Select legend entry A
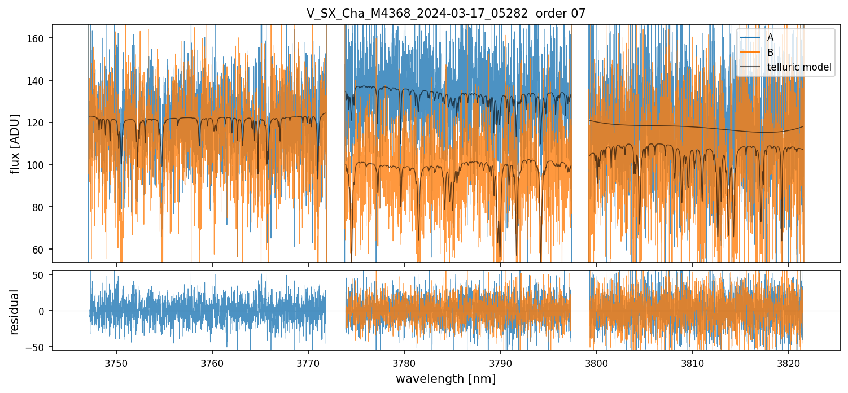pyautogui.click(x=770, y=37)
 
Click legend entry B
pyautogui.click(x=770, y=53)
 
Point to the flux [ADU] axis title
pyautogui.click(x=15, y=143)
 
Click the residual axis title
pyautogui.click(x=15, y=312)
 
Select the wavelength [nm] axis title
pyautogui.click(x=445, y=378)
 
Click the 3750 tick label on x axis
pyautogui.click(x=116, y=362)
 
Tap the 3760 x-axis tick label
pyautogui.click(x=212, y=362)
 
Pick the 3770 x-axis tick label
pyautogui.click(x=308, y=362)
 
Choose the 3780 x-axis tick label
pyautogui.click(x=404, y=362)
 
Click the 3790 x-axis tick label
pyautogui.click(x=500, y=362)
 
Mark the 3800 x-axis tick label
pyautogui.click(x=597, y=362)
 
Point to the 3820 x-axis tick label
pyautogui.click(x=789, y=362)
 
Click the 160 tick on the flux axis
pyautogui.click(x=41, y=38)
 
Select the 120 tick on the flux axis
pyautogui.click(x=41, y=123)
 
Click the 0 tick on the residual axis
pyautogui.click(x=46, y=311)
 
